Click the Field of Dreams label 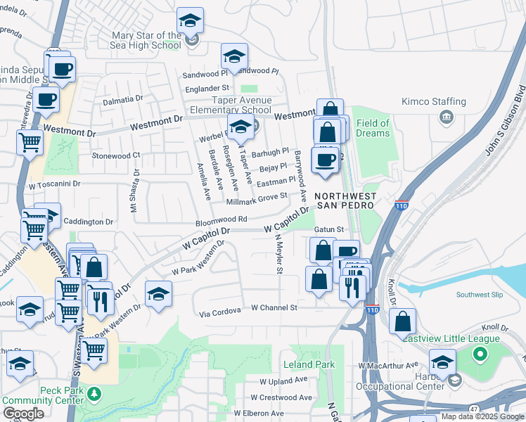coord(373,129)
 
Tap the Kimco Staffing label coord(434,101)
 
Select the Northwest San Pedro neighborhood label coord(345,203)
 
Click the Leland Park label coord(309,365)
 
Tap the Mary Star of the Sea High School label coord(148,41)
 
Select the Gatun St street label coord(328,230)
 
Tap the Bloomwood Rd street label coord(222,220)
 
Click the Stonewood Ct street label coord(116,155)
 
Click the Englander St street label coord(207,88)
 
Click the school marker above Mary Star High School coord(190,20)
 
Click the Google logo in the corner coord(23,414)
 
